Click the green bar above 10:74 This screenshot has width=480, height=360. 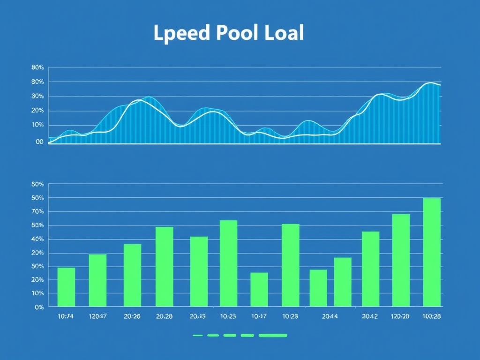tap(66, 287)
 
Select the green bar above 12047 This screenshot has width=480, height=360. tap(97, 280)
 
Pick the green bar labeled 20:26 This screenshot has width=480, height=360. tap(132, 275)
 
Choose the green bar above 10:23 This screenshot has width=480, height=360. tap(228, 263)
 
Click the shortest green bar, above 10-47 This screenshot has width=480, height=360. tap(259, 289)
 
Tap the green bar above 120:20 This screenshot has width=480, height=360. tap(401, 260)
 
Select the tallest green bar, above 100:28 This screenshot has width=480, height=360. tap(432, 252)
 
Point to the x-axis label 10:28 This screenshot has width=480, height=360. tap(290, 316)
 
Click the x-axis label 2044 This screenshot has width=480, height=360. tap(330, 316)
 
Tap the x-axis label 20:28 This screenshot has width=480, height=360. tap(164, 316)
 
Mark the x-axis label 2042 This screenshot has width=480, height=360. tap(370, 316)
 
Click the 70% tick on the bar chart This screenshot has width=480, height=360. tap(37, 212)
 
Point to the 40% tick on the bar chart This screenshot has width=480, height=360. tap(37, 239)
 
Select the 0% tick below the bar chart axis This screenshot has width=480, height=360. tap(39, 307)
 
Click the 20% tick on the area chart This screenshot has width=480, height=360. tap(37, 111)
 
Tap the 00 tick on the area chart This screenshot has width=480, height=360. tap(39, 142)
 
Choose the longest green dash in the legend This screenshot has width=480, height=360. tap(273, 336)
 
